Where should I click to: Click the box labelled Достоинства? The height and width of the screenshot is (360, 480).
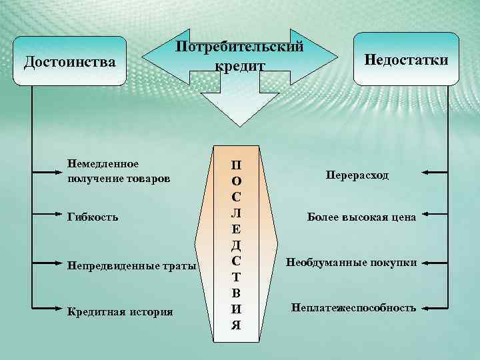(x=70, y=61)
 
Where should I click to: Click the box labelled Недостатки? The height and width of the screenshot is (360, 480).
(x=406, y=59)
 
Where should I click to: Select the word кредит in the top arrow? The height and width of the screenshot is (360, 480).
(x=240, y=66)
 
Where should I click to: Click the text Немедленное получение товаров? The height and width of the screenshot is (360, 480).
(x=119, y=171)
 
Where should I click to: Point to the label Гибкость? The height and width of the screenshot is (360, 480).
(x=93, y=217)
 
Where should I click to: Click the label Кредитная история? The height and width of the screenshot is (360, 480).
(x=120, y=311)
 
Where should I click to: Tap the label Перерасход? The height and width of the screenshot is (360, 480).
(x=357, y=174)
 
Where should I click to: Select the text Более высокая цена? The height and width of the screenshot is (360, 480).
(x=361, y=217)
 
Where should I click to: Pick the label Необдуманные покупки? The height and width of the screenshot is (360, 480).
(x=352, y=263)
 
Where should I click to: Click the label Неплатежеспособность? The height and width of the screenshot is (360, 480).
(x=353, y=308)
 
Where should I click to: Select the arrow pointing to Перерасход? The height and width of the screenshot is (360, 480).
(x=438, y=173)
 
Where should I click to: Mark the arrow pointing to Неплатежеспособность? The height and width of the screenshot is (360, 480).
(x=438, y=308)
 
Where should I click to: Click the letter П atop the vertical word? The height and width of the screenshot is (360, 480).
(x=238, y=165)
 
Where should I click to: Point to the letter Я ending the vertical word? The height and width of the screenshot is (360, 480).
(x=237, y=325)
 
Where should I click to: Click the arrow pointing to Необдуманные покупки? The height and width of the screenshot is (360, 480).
(x=438, y=263)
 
